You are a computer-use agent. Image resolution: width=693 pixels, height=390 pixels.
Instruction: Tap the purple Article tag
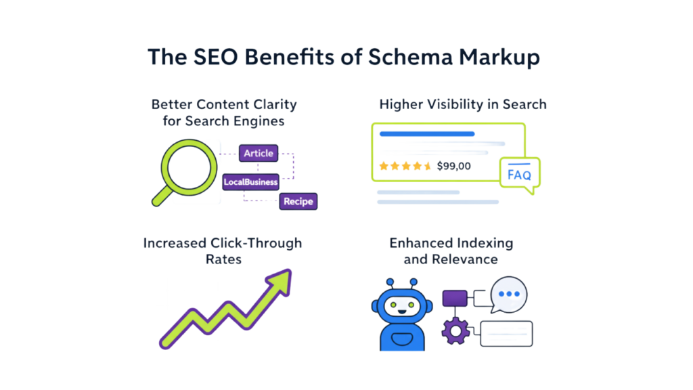point(259,154)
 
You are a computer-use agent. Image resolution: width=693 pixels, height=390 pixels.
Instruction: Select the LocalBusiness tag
point(251,182)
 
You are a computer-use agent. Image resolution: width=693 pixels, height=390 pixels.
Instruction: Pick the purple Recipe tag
point(298,201)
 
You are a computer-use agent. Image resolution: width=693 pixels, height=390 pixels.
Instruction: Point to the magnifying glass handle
point(162,196)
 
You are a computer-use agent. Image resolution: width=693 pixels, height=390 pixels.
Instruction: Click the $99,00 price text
point(454,165)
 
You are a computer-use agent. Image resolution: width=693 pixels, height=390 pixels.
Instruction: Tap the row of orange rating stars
point(405,165)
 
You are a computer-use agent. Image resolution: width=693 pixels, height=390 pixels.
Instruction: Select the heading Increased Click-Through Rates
point(223,251)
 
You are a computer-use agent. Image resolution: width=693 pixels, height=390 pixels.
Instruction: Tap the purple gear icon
point(455,331)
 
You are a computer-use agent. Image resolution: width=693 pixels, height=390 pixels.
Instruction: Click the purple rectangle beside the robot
point(455,298)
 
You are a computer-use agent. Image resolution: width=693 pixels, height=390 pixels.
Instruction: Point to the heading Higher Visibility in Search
point(463,104)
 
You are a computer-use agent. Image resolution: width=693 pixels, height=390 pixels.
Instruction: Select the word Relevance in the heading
point(451,259)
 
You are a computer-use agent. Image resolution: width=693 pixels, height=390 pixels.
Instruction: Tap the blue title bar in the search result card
point(427,134)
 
